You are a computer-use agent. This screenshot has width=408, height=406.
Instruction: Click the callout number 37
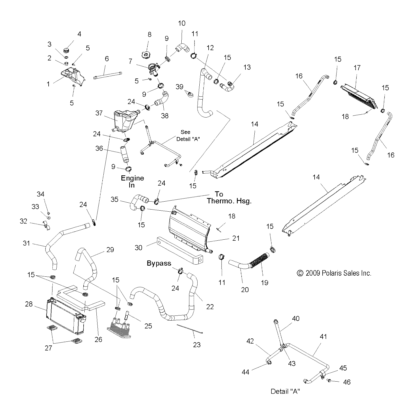pos(99,113)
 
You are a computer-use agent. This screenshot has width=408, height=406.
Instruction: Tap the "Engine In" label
pos(132,182)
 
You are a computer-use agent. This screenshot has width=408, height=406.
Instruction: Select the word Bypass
pos(159,263)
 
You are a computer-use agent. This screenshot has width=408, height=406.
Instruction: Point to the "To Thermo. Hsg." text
pos(229,197)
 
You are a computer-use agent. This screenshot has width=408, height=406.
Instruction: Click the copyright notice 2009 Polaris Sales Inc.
pos(334,273)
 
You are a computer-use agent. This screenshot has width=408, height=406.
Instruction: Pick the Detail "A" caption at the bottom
pos(285,392)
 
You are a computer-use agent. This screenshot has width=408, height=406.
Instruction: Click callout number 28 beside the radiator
pos(29,304)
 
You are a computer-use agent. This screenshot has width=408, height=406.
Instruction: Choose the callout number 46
pos(347,382)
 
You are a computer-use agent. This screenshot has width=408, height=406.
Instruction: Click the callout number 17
pos(357,68)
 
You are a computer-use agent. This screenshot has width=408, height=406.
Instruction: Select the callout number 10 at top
pos(182,23)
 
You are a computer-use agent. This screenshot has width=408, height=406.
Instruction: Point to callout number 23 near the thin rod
pos(197,345)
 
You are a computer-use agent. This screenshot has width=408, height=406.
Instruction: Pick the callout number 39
pos(179,87)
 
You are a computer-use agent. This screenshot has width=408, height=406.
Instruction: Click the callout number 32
pos(23,221)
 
